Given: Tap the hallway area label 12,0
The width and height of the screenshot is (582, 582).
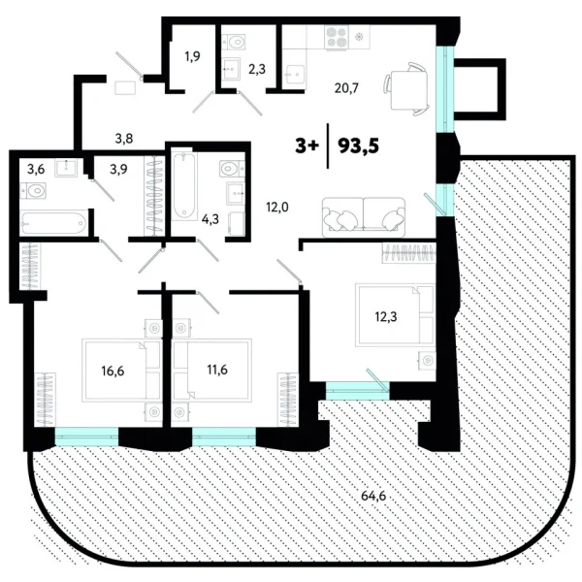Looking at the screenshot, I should pyautogui.click(x=277, y=206).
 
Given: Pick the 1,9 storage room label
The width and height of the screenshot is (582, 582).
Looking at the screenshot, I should pyautogui.click(x=193, y=56).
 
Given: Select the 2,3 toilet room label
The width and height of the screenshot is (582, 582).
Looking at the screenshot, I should pyautogui.click(x=257, y=68).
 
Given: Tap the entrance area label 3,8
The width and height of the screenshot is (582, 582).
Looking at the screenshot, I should pyautogui.click(x=124, y=138).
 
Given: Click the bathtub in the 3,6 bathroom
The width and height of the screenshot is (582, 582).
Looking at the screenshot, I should pyautogui.click(x=56, y=225).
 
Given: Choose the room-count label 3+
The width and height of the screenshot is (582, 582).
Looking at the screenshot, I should pyautogui.click(x=307, y=145).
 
